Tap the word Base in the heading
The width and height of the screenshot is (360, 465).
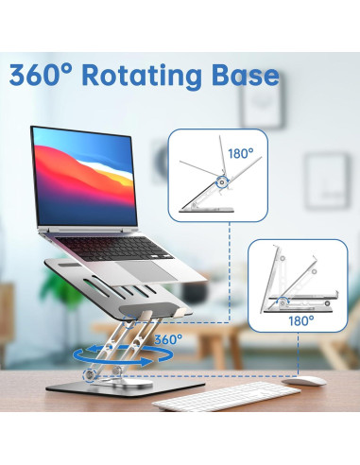click(248, 75)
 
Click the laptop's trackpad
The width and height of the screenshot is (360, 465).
click(171, 282)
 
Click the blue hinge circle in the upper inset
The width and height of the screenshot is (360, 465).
click(223, 181)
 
